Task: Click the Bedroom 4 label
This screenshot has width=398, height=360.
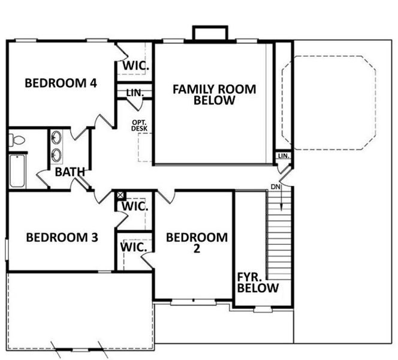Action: pos(61,83)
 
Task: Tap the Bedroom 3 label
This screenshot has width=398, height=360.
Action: pos(62,238)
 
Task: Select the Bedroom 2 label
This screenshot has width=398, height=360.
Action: pos(197,243)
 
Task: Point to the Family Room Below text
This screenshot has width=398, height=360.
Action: pos(214,95)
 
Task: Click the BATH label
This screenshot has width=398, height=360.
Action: pos(70,172)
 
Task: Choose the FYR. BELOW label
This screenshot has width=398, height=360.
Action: pos(257,282)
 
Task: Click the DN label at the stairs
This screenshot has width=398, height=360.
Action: pos(276,187)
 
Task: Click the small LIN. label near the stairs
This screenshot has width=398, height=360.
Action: pos(284,157)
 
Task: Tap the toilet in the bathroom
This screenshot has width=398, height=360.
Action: pos(16,141)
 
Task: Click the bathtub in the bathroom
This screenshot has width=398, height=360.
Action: pos(17,170)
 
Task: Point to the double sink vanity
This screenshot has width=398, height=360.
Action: pos(56,146)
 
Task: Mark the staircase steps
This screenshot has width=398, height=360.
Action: pos(279,237)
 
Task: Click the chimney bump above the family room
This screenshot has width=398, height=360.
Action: pos(210,32)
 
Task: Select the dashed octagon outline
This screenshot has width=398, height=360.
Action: pos(328,103)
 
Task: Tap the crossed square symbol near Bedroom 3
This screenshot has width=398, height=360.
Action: pos(120,195)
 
